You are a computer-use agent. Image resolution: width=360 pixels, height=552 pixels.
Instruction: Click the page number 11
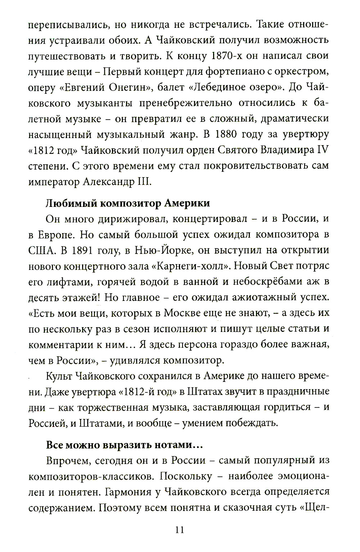pos(180,529)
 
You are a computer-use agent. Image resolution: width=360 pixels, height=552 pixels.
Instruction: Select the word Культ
pos(59,376)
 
